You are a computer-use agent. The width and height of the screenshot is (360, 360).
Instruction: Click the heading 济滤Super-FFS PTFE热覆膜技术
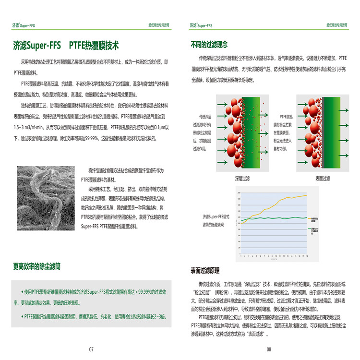66,46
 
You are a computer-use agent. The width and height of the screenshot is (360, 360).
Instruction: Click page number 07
91,349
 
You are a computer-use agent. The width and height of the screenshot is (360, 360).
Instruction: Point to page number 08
269,349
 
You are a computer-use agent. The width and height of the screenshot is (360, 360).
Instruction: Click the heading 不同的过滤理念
209,45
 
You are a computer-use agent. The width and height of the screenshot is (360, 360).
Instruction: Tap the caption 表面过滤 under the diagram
323,178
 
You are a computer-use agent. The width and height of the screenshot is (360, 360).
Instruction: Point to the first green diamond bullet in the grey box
22,292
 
